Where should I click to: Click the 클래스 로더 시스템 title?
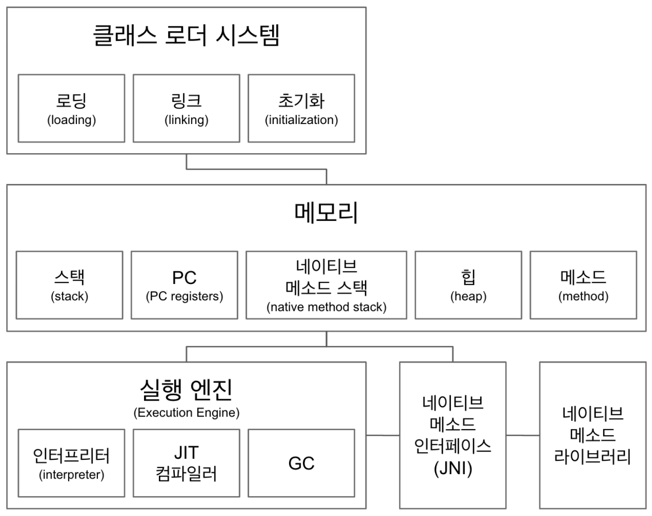[186, 36]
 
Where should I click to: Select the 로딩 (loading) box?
[72, 109]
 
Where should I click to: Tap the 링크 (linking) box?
[186, 109]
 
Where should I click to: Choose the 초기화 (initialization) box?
[302, 109]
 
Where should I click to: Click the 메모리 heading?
[326, 213]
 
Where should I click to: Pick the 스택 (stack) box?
[70, 285]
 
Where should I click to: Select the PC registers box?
[184, 285]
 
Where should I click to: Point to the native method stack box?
[326, 285]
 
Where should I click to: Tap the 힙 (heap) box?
[468, 285]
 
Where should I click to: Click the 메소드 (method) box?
[583, 285]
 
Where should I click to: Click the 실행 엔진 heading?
[186, 389]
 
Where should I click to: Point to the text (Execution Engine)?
[186, 413]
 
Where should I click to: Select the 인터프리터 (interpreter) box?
[72, 463]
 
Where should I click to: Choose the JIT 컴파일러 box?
[186, 463]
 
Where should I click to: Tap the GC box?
[302, 463]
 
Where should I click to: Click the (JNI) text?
[453, 468]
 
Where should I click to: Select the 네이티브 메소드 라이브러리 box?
[592, 435]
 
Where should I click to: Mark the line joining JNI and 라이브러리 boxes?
[523, 436]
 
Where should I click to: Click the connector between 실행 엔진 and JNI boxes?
[383, 436]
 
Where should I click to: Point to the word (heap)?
[468, 296]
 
